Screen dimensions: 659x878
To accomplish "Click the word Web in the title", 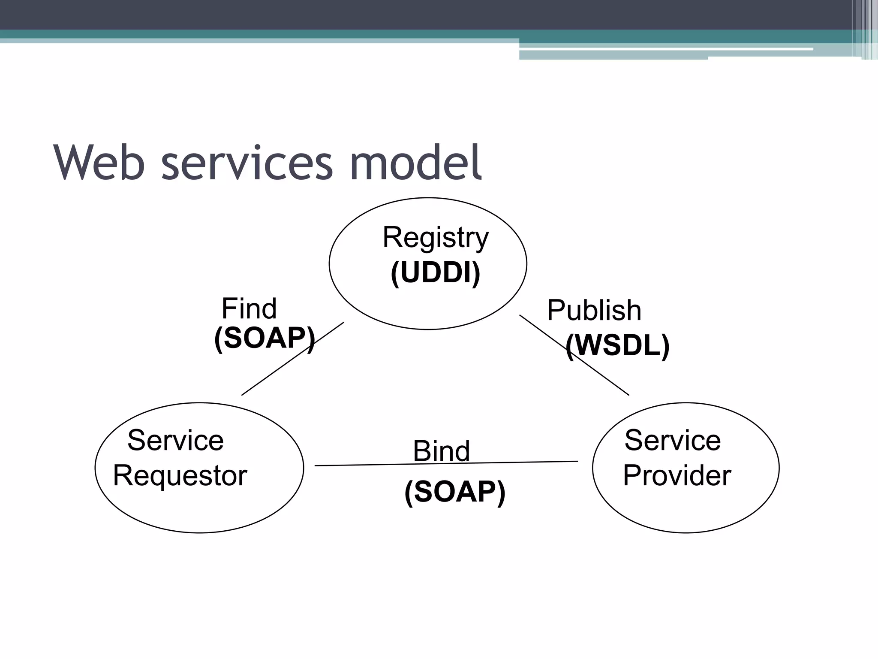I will coord(99,163).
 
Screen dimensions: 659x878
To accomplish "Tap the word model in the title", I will coord(416,163).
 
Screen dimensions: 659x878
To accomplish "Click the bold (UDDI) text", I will coord(435,272).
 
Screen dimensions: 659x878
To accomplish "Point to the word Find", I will coord(249,308).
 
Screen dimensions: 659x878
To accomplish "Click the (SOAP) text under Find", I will coord(265,338).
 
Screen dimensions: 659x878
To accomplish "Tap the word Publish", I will coord(594,310).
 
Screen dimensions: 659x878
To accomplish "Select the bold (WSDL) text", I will coord(617,345).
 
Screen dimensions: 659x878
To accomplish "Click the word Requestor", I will coord(180,476).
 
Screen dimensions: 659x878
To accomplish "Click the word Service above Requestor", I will coord(175,440).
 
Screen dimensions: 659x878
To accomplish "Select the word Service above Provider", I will coord(672,440).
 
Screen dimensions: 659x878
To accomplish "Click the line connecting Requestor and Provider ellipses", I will coord(364,465).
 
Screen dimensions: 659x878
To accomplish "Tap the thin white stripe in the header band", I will coord(665,49).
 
